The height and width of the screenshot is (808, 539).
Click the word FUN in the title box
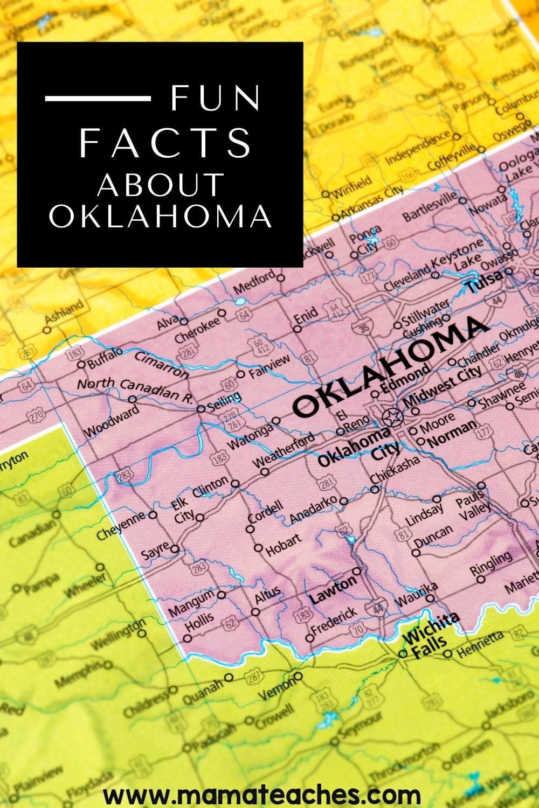coord(216,98)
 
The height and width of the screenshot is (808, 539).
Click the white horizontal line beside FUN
coord(98,98)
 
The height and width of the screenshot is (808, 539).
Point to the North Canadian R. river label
coord(135,388)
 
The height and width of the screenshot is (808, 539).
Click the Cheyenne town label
coord(121,525)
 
